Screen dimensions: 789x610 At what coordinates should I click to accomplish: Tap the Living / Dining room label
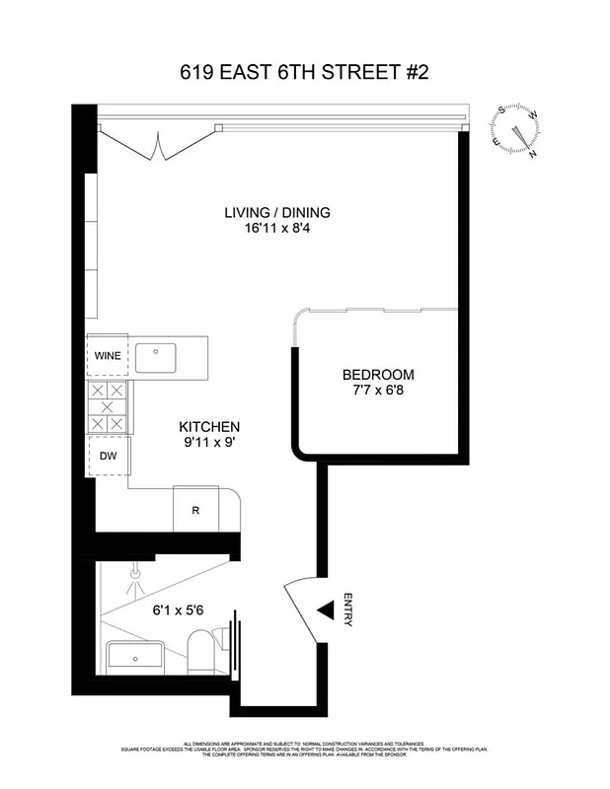click(276, 212)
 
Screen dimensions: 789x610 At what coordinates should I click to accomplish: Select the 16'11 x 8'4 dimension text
click(276, 229)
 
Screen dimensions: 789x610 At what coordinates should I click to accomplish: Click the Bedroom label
click(378, 375)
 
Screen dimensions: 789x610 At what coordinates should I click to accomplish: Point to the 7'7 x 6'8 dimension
click(378, 392)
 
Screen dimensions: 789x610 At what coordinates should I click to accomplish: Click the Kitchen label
click(208, 426)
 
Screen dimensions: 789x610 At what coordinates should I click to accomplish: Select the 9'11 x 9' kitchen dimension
click(208, 443)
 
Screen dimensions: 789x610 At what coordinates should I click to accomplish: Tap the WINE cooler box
click(108, 356)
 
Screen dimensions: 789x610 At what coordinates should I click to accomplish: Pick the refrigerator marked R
click(195, 510)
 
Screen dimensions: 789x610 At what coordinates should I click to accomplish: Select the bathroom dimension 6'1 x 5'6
click(178, 610)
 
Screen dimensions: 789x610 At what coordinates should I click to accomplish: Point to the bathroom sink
click(135, 656)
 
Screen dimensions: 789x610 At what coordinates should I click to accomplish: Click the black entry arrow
click(324, 612)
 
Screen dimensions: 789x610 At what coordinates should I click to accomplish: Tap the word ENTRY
click(348, 610)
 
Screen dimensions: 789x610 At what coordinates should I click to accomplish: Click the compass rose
click(516, 132)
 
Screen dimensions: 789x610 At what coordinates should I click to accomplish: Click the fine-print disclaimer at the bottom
click(304, 751)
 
